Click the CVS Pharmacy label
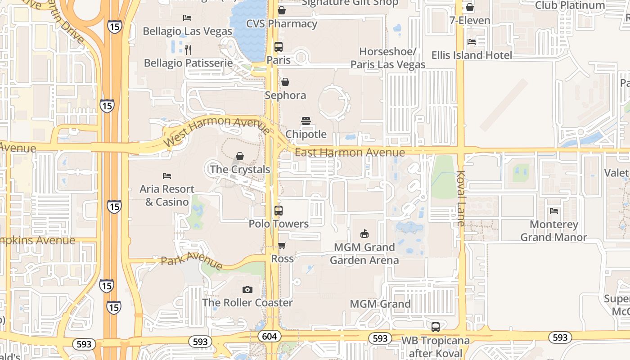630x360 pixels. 282,23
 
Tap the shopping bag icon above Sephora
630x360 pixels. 285,82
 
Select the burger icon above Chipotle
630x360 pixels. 306,121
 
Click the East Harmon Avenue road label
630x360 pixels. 350,153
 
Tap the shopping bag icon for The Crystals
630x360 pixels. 240,156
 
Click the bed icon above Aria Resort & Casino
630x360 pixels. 167,175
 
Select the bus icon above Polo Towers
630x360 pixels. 279,210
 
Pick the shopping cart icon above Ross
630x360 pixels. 282,245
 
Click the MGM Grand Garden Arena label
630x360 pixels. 364,253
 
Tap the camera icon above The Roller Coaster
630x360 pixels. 247,289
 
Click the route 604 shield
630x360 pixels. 270,336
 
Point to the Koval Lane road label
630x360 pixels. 461,198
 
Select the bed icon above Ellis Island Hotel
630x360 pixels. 472,42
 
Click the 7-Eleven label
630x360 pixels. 470,21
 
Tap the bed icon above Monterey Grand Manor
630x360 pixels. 554,211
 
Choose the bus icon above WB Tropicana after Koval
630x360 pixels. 435,327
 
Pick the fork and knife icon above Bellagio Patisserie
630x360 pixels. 188,49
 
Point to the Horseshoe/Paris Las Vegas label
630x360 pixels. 388,58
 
